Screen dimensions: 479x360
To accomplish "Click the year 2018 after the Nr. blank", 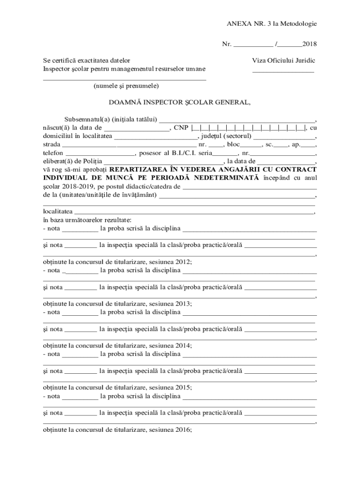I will click(x=310, y=44).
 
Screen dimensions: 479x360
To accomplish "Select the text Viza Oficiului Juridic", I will click(x=283, y=61).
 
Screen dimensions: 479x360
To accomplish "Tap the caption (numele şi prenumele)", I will click(x=126, y=86).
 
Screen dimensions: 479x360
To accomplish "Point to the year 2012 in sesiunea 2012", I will click(x=184, y=262).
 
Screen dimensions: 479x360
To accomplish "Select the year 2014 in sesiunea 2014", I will click(x=184, y=346).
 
